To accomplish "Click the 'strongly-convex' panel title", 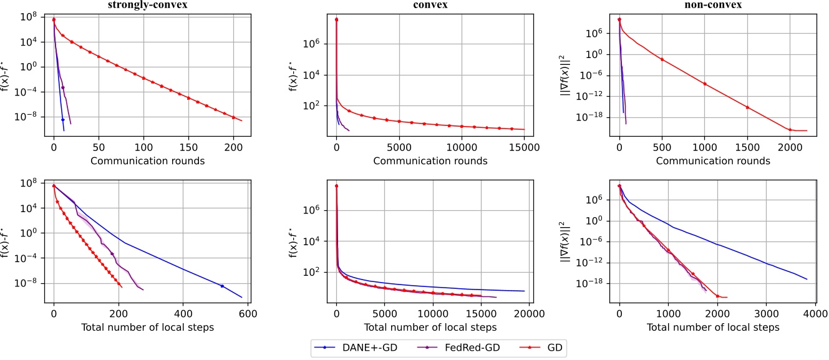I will pyautogui.click(x=147, y=6).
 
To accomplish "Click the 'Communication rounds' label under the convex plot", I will pyautogui.click(x=430, y=161).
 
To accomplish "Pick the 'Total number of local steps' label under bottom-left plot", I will pyautogui.click(x=148, y=327).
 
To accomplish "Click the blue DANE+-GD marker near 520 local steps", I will pyautogui.click(x=221, y=286).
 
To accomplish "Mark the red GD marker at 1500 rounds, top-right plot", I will pyautogui.click(x=747, y=107).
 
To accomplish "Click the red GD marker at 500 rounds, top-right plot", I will pyautogui.click(x=662, y=59).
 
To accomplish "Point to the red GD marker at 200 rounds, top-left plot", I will pyautogui.click(x=233, y=117).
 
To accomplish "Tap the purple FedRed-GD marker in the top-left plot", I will pyautogui.click(x=63, y=87).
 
